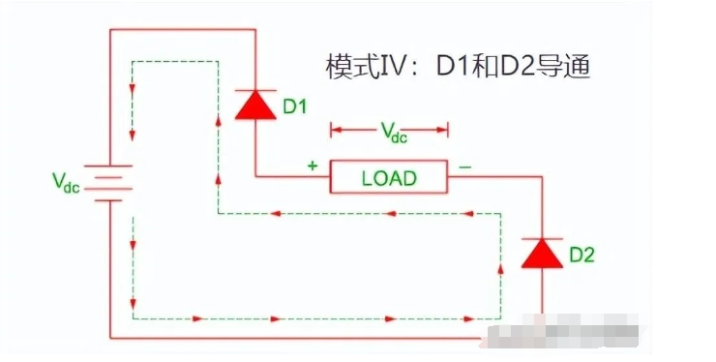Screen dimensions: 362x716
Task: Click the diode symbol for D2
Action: [x=541, y=254]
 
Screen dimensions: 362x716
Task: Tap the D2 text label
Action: [x=582, y=256]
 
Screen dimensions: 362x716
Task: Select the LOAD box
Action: [x=389, y=177]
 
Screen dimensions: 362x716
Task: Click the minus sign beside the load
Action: [x=465, y=166]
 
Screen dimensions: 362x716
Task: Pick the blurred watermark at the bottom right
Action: [x=581, y=336]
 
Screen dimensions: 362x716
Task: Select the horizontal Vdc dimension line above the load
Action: [x=389, y=126]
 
